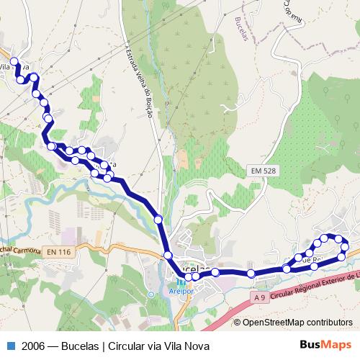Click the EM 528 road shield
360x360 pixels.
265,171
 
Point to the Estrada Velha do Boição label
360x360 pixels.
141,86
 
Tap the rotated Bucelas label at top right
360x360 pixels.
243,28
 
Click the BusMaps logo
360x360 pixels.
326,345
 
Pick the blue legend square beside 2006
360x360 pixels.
9,345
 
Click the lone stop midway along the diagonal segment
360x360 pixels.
158,219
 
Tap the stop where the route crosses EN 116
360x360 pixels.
168,255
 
